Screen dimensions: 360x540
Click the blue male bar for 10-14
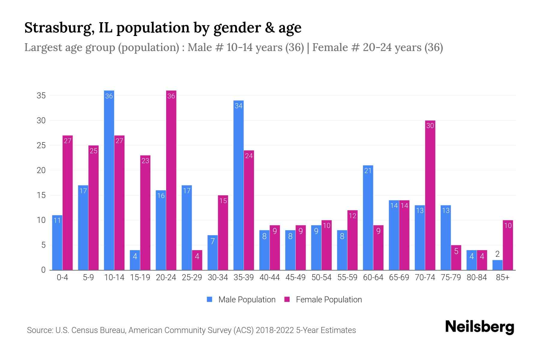(109, 180)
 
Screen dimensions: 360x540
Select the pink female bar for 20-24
(171, 180)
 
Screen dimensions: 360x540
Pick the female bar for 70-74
(430, 195)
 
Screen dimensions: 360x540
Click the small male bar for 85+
(497, 265)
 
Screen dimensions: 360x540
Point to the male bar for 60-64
(368, 217)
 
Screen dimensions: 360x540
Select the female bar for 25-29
(197, 260)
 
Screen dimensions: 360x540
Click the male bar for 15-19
(135, 260)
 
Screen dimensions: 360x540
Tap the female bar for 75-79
(456, 258)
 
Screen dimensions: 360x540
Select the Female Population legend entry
(323, 299)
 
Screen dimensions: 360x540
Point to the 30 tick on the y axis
(41, 121)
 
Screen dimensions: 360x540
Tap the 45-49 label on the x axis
(295, 277)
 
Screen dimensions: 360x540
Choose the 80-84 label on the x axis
(477, 277)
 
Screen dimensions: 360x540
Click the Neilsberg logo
(479, 327)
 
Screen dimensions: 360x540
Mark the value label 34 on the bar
(238, 106)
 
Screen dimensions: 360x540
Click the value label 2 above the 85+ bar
(497, 254)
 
